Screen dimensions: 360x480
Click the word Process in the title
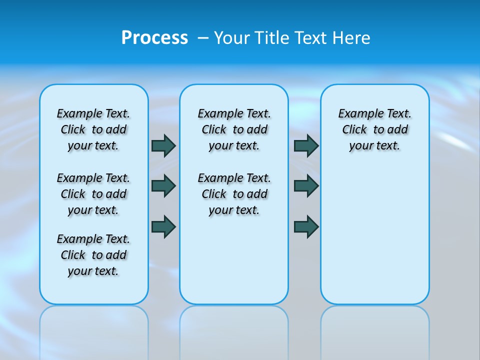point(154,37)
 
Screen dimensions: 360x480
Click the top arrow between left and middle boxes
point(163,145)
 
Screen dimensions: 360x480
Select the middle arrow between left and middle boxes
point(163,186)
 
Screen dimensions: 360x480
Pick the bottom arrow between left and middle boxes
point(163,226)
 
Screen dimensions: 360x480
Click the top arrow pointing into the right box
point(306,145)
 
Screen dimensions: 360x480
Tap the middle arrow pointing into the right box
point(306,186)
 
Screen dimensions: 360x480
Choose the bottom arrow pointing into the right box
point(306,226)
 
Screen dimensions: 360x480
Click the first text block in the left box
point(93,129)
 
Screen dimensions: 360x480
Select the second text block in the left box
point(93,194)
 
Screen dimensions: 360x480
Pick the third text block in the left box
point(93,255)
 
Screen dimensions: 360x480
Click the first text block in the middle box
point(234,129)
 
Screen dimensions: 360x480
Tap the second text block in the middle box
point(234,194)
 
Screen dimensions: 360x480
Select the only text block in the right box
point(374,129)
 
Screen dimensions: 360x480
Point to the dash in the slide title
point(203,38)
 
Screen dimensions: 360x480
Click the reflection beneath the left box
point(93,330)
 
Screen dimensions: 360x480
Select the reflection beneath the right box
point(374,330)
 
